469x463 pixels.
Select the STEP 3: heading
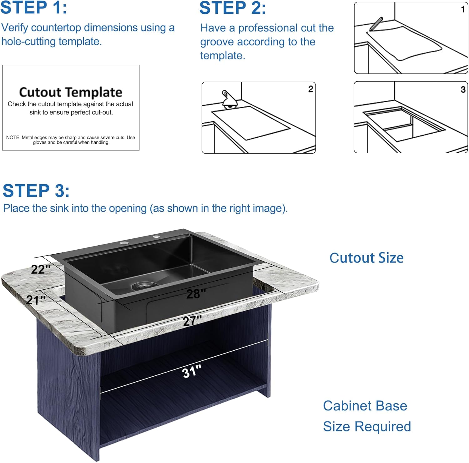click(36, 191)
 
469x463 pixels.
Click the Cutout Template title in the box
click(71, 92)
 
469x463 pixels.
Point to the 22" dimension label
click(41, 269)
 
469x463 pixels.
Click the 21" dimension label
click(36, 300)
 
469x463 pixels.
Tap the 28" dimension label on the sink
click(196, 293)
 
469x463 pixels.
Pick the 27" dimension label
click(192, 321)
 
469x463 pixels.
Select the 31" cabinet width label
click(191, 372)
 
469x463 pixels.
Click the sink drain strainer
click(144, 285)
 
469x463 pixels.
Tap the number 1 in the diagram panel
click(463, 9)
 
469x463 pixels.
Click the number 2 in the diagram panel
click(310, 89)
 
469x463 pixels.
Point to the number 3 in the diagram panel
click(463, 89)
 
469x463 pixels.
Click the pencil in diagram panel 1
click(376, 24)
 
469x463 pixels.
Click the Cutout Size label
click(366, 258)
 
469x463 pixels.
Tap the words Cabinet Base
click(365, 406)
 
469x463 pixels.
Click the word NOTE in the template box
click(13, 138)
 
